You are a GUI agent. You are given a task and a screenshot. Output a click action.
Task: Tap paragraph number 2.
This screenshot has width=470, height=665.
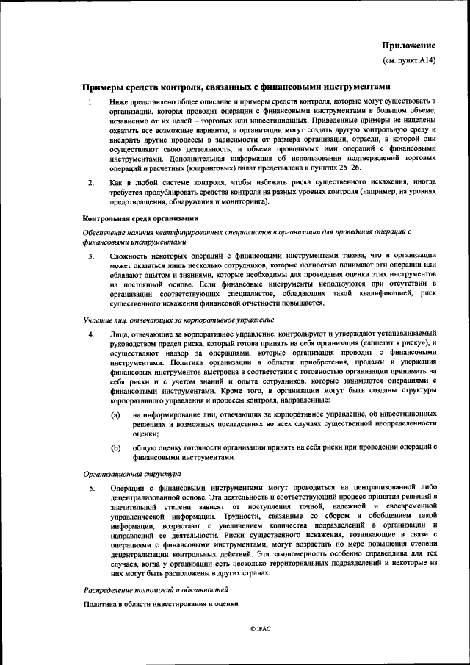pos(90,181)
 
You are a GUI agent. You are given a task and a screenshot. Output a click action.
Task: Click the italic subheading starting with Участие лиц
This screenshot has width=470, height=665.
pos(178,320)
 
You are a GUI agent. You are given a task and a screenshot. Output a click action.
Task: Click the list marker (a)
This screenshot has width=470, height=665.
pos(115,415)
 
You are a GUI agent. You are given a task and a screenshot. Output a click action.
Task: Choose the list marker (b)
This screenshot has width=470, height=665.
pos(115,447)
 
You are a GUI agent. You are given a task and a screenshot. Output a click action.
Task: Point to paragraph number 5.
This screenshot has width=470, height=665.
pos(90,488)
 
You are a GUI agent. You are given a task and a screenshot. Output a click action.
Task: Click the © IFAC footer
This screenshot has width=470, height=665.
pos(260,630)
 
